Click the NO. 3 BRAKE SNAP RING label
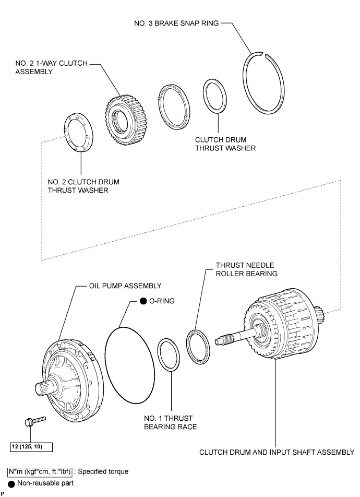tap(176, 23)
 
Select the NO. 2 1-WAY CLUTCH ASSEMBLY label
tap(51, 67)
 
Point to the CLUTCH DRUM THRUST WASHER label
tap(225, 144)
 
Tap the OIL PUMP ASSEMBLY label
tap(125, 286)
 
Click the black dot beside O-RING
tap(143, 301)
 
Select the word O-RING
tap(162, 301)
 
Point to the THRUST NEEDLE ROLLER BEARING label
tap(247, 269)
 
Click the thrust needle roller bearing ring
tap(198, 347)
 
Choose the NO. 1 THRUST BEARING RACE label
tap(171, 422)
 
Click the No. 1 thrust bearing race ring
tap(169, 354)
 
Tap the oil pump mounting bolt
tap(35, 421)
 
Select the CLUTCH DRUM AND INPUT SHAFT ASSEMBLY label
tap(277, 452)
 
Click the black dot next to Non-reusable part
tap(11, 484)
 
